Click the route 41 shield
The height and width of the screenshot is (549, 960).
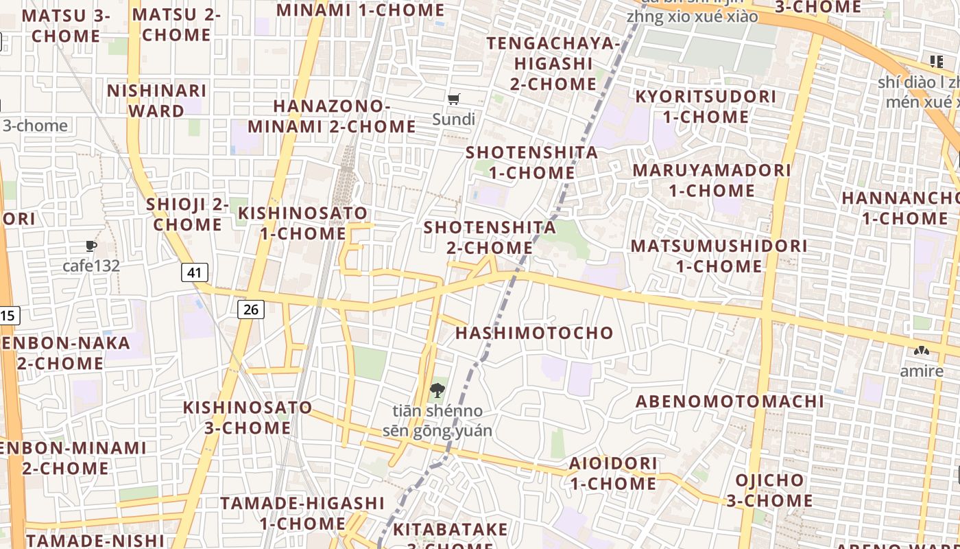pyautogui.click(x=195, y=272)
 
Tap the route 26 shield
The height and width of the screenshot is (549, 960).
pyautogui.click(x=251, y=309)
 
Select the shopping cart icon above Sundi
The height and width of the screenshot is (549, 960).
pyautogui.click(x=453, y=100)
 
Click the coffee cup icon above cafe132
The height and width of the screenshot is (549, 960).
pyautogui.click(x=91, y=246)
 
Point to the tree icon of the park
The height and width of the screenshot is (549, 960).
pyautogui.click(x=436, y=391)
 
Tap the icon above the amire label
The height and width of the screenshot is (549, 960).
pyautogui.click(x=921, y=351)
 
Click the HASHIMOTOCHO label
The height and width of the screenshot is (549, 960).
pyautogui.click(x=534, y=334)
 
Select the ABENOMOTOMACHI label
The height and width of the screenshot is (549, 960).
pyautogui.click(x=730, y=401)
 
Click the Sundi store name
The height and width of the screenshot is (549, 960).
pyautogui.click(x=453, y=119)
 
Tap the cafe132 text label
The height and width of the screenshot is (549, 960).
pyautogui.click(x=91, y=266)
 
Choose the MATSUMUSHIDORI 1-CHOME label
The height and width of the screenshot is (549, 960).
pyautogui.click(x=719, y=256)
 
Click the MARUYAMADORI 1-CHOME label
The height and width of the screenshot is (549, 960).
pyautogui.click(x=712, y=180)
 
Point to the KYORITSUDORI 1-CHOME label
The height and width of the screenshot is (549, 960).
pyautogui.click(x=706, y=106)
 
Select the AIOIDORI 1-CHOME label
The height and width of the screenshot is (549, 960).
pyautogui.click(x=613, y=474)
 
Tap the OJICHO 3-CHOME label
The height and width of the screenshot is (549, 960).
pyautogui.click(x=769, y=490)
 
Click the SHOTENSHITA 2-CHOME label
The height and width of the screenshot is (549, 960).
pyautogui.click(x=490, y=237)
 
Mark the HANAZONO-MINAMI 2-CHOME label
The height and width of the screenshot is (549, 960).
pyautogui.click(x=332, y=116)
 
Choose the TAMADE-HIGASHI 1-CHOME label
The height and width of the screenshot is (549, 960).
pyautogui.click(x=302, y=513)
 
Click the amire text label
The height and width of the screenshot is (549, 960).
pyautogui.click(x=922, y=371)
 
